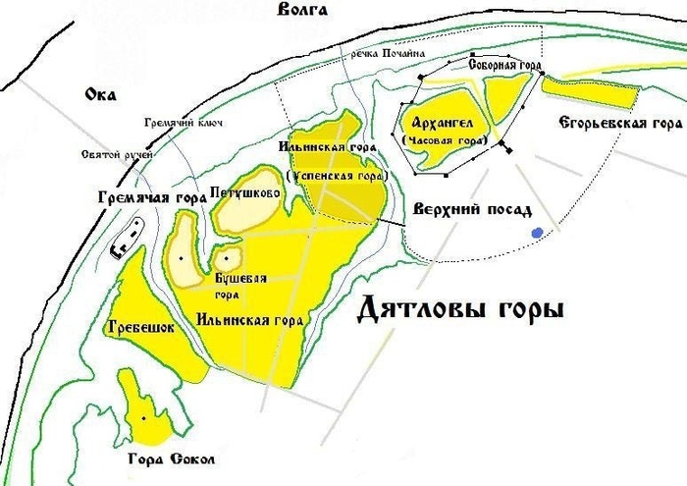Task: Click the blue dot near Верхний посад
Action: pos(537,233)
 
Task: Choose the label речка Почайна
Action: pos(390,54)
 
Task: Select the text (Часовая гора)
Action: pos(445,141)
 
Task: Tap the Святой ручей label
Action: pos(118,154)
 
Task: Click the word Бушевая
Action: pos(240,280)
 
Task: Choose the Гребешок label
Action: pos(137,329)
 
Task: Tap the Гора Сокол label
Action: pos(173,459)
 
